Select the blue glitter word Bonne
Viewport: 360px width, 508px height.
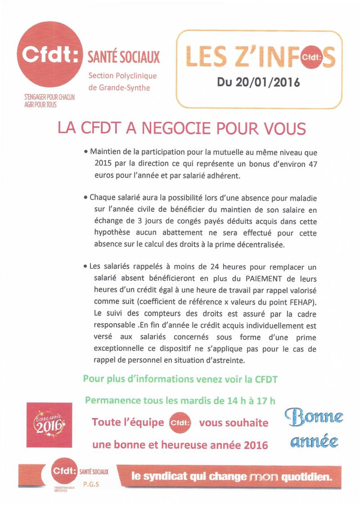(314, 417)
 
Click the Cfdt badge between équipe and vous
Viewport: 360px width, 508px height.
(180, 423)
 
